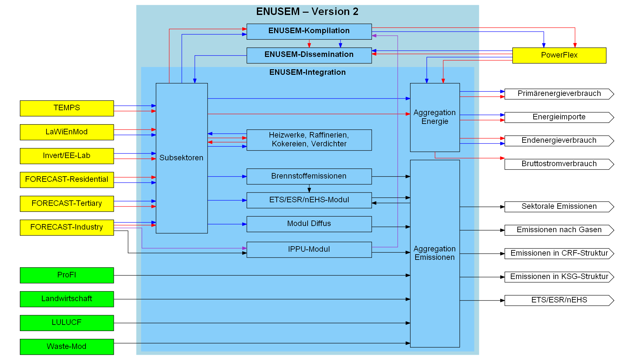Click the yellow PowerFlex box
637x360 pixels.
[559, 55]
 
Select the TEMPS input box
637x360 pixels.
[67, 108]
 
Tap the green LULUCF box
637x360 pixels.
[67, 323]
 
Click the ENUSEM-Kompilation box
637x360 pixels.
[309, 31]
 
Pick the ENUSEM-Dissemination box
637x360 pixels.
[309, 55]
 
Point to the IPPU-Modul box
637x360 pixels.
[309, 249]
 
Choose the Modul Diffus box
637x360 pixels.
[309, 224]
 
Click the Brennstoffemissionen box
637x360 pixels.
[309, 176]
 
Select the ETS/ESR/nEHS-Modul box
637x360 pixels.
[309, 200]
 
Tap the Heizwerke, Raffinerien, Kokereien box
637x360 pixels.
[309, 140]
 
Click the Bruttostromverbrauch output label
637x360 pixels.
[559, 164]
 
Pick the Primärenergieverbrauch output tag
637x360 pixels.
[559, 94]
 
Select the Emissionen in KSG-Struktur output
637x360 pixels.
[559, 277]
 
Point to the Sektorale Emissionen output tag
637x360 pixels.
[559, 207]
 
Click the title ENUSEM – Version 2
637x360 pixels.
[307, 12]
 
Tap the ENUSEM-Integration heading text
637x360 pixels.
[307, 72]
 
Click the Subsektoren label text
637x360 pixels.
[181, 158]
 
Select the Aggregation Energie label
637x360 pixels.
[434, 117]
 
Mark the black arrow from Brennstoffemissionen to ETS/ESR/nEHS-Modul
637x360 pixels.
[309, 188]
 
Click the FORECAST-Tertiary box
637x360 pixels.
[67, 204]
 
